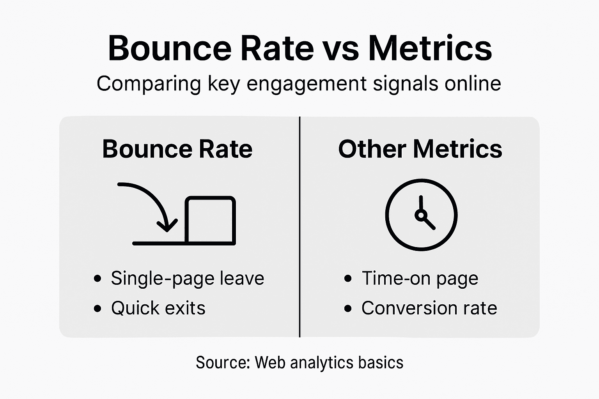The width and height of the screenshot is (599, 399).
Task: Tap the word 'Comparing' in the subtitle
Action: click(149, 84)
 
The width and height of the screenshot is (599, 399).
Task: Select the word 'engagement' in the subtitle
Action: click(307, 84)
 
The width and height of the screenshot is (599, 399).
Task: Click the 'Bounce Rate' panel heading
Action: click(177, 149)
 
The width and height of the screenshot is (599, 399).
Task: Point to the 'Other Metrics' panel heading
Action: click(420, 149)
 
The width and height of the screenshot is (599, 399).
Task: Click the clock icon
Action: click(421, 215)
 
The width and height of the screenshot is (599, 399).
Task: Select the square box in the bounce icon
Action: click(210, 220)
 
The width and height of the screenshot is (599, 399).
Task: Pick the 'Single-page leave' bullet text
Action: click(187, 278)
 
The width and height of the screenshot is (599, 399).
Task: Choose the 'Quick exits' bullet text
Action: click(158, 308)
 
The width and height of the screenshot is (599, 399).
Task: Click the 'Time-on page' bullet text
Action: click(420, 278)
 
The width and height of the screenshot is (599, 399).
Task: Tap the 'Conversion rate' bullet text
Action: click(429, 308)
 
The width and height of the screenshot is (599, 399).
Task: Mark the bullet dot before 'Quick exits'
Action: click(97, 309)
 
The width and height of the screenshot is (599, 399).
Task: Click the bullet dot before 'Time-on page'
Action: click(348, 279)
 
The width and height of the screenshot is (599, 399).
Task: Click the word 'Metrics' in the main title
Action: click(430, 48)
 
